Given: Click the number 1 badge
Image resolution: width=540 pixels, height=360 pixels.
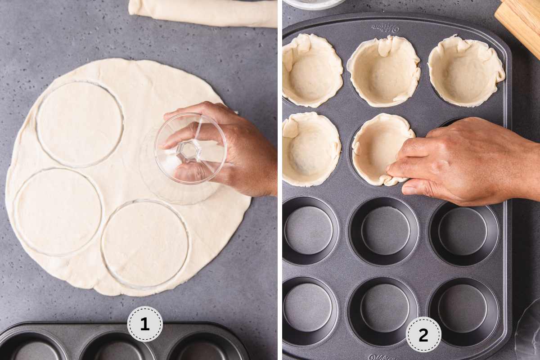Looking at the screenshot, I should tap(144, 324).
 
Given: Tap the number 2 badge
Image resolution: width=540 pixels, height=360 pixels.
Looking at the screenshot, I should tap(423, 334).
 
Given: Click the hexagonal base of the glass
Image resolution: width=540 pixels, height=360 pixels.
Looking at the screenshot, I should tap(189, 151).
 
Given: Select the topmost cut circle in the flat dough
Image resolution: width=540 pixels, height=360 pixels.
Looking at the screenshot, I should tap(80, 123).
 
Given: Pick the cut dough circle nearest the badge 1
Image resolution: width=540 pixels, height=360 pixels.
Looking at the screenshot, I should tap(145, 243).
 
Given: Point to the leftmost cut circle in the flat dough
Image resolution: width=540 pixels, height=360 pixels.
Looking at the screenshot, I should tap(58, 211).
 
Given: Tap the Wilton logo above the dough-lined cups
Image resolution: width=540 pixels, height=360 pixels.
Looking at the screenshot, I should tap(386, 28).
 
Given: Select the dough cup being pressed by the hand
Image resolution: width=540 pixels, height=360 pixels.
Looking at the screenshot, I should tap(380, 148).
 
